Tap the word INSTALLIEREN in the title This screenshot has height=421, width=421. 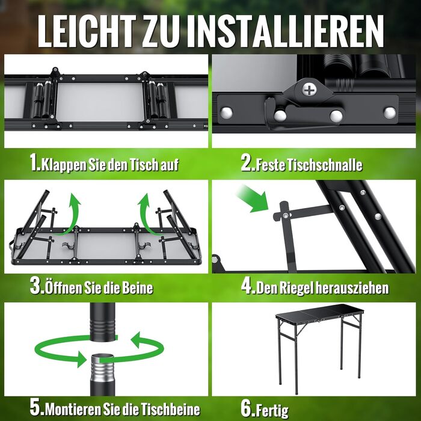coord(285,31)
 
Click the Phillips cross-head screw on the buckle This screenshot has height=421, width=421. coord(309,90)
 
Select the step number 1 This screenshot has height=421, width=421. coord(34,163)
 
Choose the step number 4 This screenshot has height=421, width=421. coord(247,286)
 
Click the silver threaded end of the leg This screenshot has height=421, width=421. coord(102,369)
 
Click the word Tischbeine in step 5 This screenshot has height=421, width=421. coord(170,410)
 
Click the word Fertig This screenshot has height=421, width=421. coord(272,411)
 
